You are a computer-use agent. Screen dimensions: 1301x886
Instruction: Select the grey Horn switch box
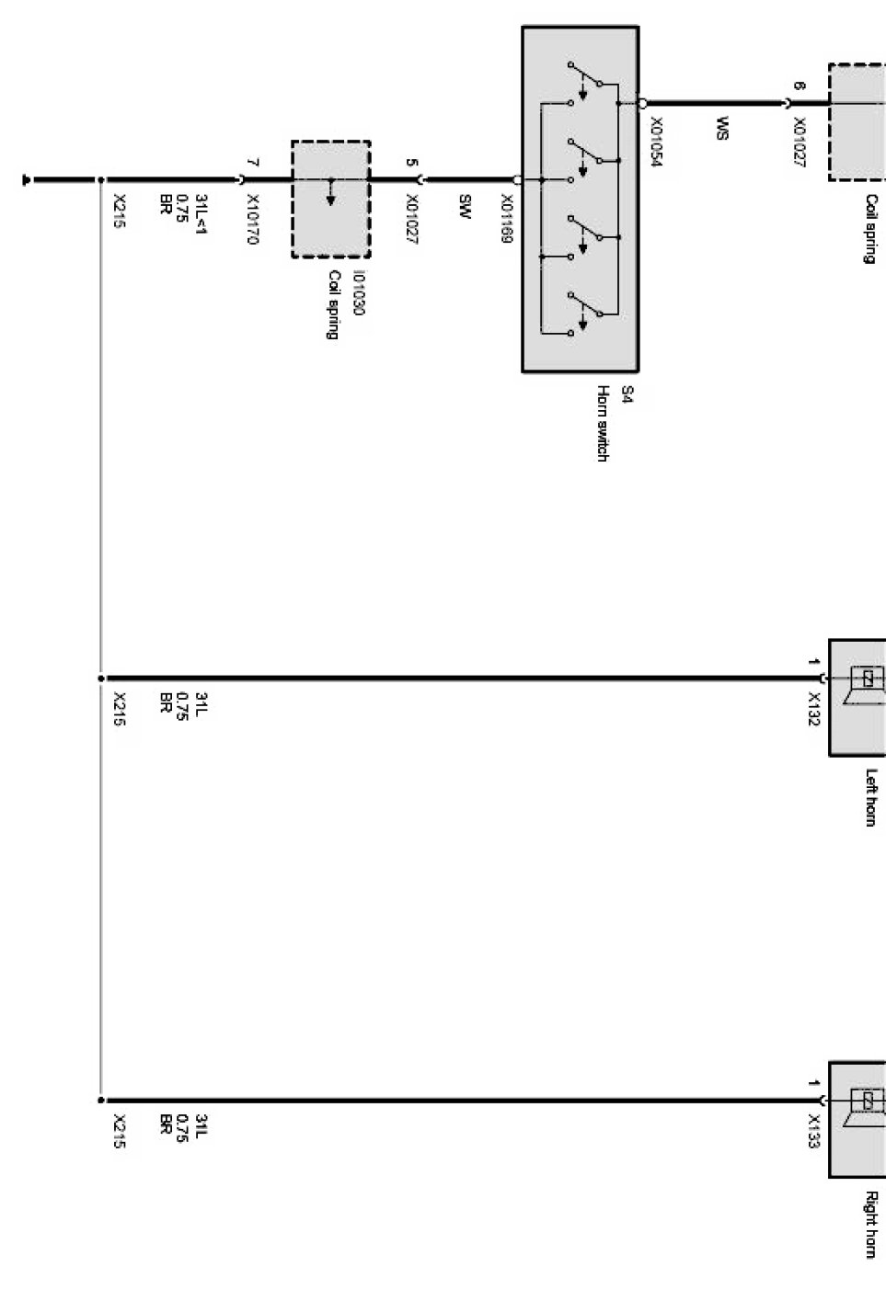point(581,200)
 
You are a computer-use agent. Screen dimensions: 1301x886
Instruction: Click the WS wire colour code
point(722,128)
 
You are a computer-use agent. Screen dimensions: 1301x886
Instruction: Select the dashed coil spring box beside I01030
point(331,200)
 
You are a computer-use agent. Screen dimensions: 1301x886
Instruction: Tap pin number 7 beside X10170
point(253,163)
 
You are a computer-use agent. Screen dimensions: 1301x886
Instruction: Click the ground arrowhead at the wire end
point(29,179)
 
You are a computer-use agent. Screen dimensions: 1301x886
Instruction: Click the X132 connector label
point(813,709)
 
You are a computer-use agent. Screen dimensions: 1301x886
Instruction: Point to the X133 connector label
point(813,1132)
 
